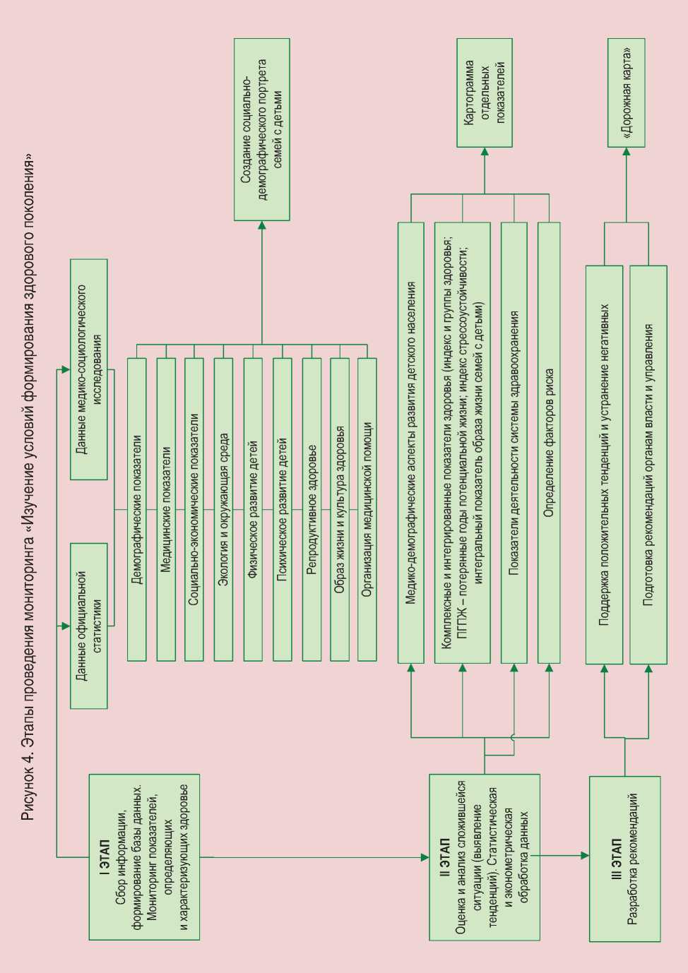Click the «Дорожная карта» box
626,92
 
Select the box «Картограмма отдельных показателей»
484,92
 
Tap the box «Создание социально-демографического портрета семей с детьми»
261,129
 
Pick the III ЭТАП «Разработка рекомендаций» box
624,859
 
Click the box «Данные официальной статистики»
89,626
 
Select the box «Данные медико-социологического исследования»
89,369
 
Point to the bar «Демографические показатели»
137,509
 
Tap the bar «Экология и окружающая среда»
223,509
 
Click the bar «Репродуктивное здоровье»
312,509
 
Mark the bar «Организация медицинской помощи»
367,509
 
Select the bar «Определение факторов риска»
549,443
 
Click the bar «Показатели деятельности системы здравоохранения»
514,443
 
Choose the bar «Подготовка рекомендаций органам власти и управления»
648,465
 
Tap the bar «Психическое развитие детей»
282,509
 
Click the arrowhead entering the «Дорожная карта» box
626,152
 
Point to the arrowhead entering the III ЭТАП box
585,856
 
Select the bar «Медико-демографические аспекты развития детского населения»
411,443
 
